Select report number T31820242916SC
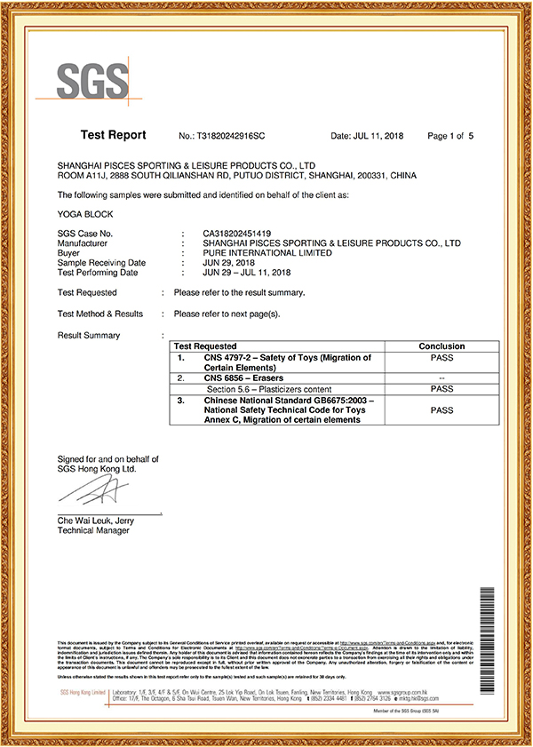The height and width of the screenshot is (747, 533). click(x=222, y=137)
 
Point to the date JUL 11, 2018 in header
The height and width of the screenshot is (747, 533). click(x=365, y=137)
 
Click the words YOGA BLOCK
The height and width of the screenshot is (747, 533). click(x=84, y=214)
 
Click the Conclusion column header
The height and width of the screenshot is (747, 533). click(x=442, y=346)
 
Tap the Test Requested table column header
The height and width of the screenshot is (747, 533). click(x=205, y=346)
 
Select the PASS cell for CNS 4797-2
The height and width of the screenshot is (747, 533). click(x=442, y=357)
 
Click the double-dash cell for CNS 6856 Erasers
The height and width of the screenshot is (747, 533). click(x=442, y=378)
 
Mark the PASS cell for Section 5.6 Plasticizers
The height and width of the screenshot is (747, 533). click(x=442, y=389)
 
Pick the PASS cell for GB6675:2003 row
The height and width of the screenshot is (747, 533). click(x=442, y=410)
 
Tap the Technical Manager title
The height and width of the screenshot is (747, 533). click(x=93, y=530)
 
